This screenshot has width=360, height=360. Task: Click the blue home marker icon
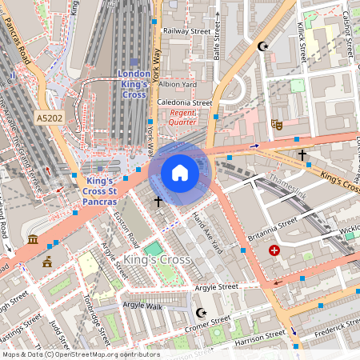coord(180,172)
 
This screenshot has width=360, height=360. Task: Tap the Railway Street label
coord(186,31)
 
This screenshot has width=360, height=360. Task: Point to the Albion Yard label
coord(178,84)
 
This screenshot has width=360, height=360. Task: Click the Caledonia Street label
coord(185,103)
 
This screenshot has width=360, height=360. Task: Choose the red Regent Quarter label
coord(183,118)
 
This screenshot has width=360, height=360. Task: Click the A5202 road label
coord(50,118)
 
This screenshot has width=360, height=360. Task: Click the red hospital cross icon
coord(275,250)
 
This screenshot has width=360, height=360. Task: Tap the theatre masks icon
coord(277,124)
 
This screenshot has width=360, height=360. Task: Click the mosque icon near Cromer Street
coord(200,312)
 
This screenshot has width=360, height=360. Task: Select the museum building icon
coord(32,240)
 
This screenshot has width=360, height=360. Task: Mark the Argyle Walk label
coord(142,306)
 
